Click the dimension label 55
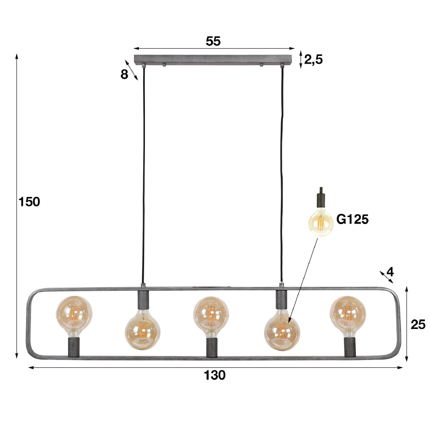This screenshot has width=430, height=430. (x=213, y=41)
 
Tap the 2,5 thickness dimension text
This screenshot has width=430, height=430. (x=313, y=59)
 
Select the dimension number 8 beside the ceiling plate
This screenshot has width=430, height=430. (x=124, y=74)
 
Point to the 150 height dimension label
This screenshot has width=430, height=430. (x=29, y=201)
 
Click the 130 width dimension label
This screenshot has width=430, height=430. (x=215, y=375)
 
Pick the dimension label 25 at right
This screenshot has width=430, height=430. (x=418, y=324)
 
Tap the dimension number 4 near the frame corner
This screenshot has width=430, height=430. (x=390, y=272)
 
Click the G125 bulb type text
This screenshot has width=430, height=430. (x=352, y=220)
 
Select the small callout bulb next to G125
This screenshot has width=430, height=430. (x=321, y=221)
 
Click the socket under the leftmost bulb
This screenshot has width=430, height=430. (x=74, y=347)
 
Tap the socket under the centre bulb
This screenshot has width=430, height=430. (x=212, y=347)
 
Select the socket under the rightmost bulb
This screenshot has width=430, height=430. (x=349, y=347)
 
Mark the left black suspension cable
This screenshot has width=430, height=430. (x=143, y=172)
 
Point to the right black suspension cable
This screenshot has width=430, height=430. (x=283, y=172)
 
